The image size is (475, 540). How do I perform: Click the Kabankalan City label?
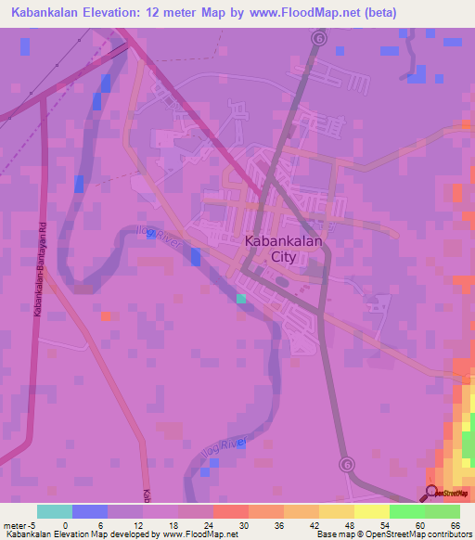[x=271, y=249]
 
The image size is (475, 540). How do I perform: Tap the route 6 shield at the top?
[x=320, y=39]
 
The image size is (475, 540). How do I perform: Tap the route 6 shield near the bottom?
[x=346, y=463]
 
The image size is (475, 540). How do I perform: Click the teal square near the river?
[x=241, y=299]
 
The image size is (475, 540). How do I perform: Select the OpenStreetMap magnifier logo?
[x=431, y=493]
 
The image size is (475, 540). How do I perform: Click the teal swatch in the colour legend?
[x=54, y=511]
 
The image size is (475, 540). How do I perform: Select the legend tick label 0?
[x=53, y=524]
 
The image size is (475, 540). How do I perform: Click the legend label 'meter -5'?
[x=20, y=524]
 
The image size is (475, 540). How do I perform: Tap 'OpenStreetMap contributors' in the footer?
[x=417, y=534]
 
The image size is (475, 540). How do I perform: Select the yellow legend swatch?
[x=372, y=511]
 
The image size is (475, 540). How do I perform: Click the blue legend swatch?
[x=90, y=511]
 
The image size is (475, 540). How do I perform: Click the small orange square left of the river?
[x=107, y=316]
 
